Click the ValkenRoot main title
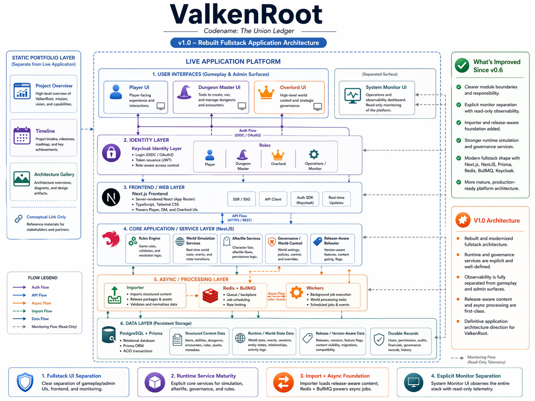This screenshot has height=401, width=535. [246, 15]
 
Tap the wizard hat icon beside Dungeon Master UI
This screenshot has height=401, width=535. [184, 92]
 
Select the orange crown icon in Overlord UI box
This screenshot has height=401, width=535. [266, 92]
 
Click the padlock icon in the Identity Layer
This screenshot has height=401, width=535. [111, 152]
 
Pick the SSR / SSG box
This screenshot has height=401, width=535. [241, 199]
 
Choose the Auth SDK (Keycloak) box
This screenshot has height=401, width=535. [305, 200]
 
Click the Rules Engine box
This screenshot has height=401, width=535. [148, 249]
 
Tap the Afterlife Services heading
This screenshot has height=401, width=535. [246, 239]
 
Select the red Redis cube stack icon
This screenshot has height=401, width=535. [210, 295]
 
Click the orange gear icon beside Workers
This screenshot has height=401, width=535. [296, 292]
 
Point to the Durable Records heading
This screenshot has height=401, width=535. [403, 333]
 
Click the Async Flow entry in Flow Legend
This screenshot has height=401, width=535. [41, 303]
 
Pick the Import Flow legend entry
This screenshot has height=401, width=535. [42, 311]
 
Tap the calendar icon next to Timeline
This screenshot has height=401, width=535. [22, 136]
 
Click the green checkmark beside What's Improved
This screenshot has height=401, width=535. [462, 65]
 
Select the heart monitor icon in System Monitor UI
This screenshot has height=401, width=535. [352, 95]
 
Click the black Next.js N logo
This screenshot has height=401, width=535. [111, 197]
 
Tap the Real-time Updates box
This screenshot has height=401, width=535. [336, 200]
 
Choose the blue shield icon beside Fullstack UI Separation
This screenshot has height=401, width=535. [25, 382]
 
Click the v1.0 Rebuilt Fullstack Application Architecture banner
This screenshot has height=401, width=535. [248, 43]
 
